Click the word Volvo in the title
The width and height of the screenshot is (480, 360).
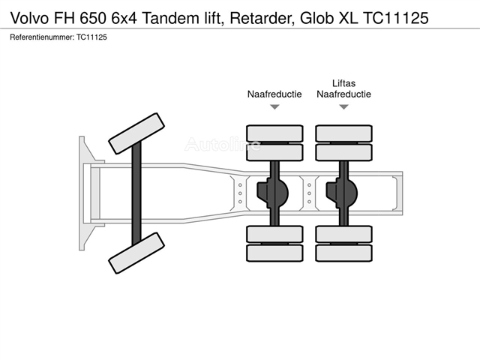[x=30, y=18]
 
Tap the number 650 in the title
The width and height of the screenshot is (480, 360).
[x=93, y=18]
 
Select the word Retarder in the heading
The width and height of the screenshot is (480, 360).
[x=260, y=18]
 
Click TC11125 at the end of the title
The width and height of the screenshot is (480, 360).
[x=395, y=18]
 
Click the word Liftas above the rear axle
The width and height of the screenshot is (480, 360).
[x=343, y=83]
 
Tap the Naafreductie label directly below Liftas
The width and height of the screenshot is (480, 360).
[x=343, y=94]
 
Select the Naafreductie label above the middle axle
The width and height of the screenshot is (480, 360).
[x=274, y=94]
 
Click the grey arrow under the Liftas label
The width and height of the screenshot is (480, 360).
[x=343, y=106]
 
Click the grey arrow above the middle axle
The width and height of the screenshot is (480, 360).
[x=274, y=106]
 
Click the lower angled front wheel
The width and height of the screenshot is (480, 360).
[x=136, y=253]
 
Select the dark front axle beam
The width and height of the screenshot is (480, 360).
[x=136, y=193]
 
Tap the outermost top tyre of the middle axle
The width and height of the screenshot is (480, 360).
[x=274, y=133]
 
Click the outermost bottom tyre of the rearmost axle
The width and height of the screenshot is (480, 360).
[x=343, y=253]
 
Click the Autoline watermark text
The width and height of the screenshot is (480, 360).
[x=223, y=144]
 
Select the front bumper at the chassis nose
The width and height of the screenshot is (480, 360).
[x=90, y=193]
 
